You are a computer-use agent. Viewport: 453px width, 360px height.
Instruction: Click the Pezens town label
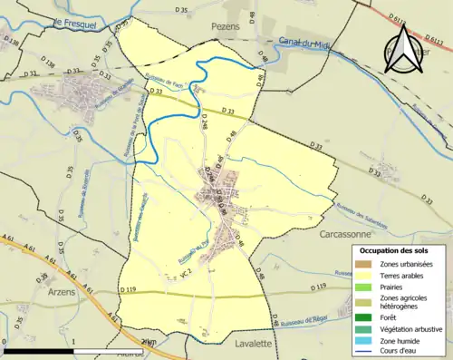pos(226,28)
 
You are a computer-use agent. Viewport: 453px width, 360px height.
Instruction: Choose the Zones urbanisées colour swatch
pos(364,263)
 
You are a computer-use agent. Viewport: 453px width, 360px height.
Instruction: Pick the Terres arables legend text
pos(400,275)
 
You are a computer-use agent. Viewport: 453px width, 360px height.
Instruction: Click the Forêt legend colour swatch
pos(364,316)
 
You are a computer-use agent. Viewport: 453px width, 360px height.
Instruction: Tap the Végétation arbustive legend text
pos(410,328)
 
